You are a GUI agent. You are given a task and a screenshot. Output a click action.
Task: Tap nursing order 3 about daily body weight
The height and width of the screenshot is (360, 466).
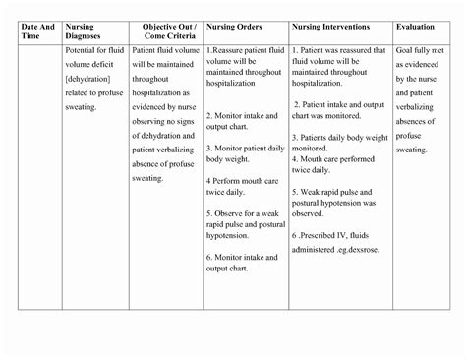(x=246, y=152)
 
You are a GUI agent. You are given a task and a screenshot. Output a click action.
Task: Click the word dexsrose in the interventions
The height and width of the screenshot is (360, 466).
(x=369, y=249)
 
